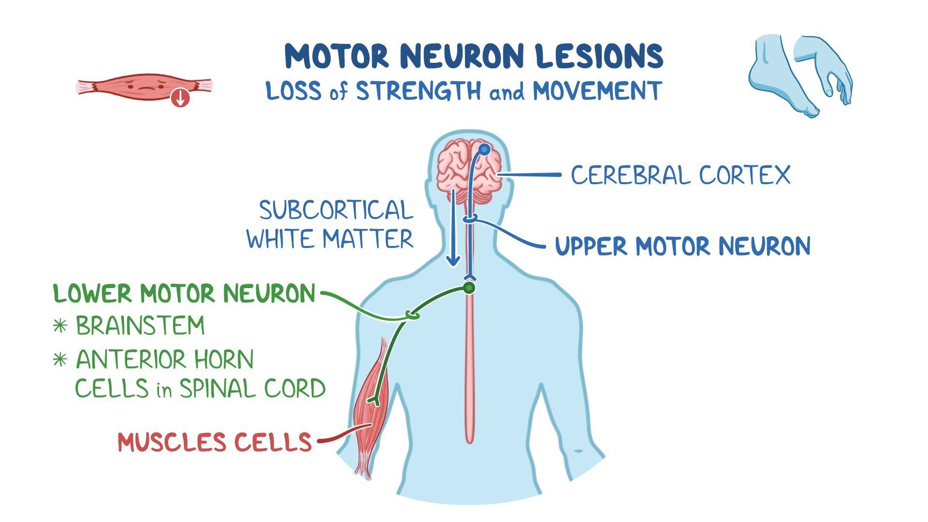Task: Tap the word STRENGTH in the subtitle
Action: (x=419, y=91)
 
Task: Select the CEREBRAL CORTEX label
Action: (x=680, y=175)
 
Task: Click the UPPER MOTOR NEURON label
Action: (x=682, y=246)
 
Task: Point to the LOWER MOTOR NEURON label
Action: (x=184, y=294)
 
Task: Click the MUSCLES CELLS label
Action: (x=215, y=442)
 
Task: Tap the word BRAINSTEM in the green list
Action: (x=140, y=326)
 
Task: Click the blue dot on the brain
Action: (x=485, y=150)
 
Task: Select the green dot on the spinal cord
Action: (x=469, y=289)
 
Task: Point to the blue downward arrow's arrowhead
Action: (x=453, y=261)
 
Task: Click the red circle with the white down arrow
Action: (x=180, y=99)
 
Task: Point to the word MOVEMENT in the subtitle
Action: (x=597, y=91)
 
